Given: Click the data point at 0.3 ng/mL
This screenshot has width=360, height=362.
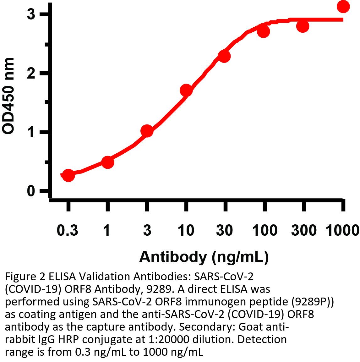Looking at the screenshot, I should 68,175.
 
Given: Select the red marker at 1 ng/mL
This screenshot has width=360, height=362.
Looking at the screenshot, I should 107,162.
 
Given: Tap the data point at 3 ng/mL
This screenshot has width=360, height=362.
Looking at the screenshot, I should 147,131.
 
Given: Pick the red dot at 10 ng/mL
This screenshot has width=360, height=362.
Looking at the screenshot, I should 186,90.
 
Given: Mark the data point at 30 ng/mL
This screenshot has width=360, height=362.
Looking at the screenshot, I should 224,57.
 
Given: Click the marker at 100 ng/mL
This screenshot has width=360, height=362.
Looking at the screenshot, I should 264,31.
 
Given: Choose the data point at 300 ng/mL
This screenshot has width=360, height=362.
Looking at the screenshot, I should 303,26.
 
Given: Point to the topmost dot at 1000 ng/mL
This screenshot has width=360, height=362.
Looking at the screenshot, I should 343,6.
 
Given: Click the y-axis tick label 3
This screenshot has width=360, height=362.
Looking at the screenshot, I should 31,14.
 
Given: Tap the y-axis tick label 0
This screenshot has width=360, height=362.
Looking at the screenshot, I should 31,191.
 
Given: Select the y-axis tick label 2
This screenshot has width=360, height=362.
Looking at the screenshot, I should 31,73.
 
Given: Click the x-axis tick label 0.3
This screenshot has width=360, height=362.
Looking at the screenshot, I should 67,231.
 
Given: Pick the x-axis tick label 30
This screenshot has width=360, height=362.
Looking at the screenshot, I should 225,231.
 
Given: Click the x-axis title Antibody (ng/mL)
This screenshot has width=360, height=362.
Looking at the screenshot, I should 204,257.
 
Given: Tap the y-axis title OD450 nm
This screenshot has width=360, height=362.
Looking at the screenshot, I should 8,96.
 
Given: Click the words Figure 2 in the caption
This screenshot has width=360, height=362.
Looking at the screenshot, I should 25,277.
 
